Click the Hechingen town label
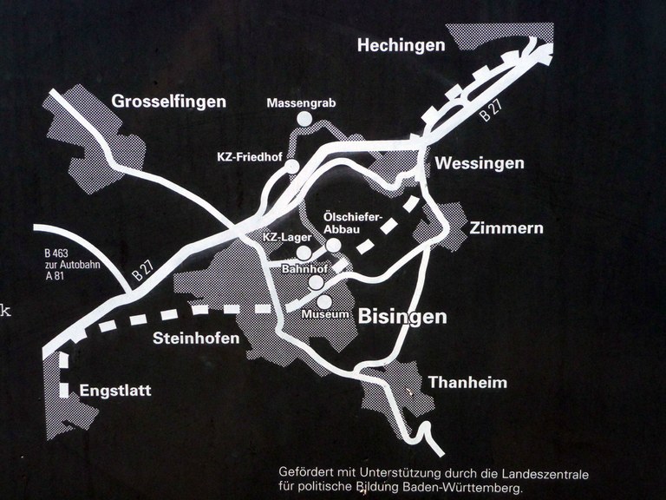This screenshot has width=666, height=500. (401, 45)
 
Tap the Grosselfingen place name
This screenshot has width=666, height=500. (168, 102)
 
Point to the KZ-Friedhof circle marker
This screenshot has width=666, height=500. (292, 166)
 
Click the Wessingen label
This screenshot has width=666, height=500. (480, 163)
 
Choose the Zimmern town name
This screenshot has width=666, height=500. (506, 228)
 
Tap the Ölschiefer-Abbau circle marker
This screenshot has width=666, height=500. (333, 245)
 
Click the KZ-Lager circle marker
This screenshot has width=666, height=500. (304, 252)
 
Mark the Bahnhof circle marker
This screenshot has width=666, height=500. (317, 282)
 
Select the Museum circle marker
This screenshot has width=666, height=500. (323, 300)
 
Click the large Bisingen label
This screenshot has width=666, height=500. (402, 316)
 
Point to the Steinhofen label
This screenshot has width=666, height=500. (196, 339)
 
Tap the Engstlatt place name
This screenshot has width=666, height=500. (114, 391)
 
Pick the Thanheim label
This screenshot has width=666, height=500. (467, 382)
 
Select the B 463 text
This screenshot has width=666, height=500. (55, 254)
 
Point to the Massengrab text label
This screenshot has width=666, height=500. (301, 103)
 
